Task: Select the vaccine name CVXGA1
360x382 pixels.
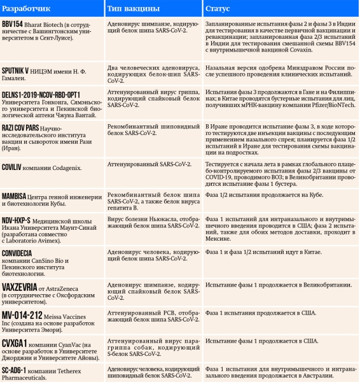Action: click(x=15, y=343)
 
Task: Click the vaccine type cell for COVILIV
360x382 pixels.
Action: click(x=153, y=164)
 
